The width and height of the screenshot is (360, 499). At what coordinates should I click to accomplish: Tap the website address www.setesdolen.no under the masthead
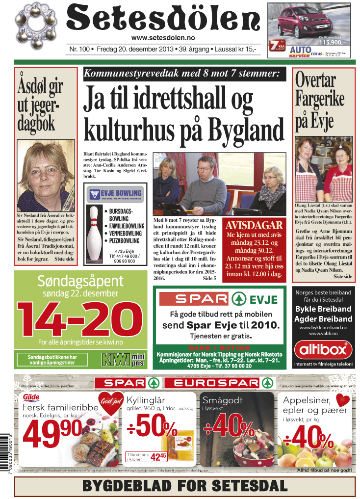(163, 38)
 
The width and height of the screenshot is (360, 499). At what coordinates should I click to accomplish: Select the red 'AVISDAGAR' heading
(254, 226)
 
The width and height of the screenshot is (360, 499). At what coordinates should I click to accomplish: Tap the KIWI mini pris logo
(122, 359)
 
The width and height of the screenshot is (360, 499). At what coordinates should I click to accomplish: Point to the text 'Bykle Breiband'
(323, 309)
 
